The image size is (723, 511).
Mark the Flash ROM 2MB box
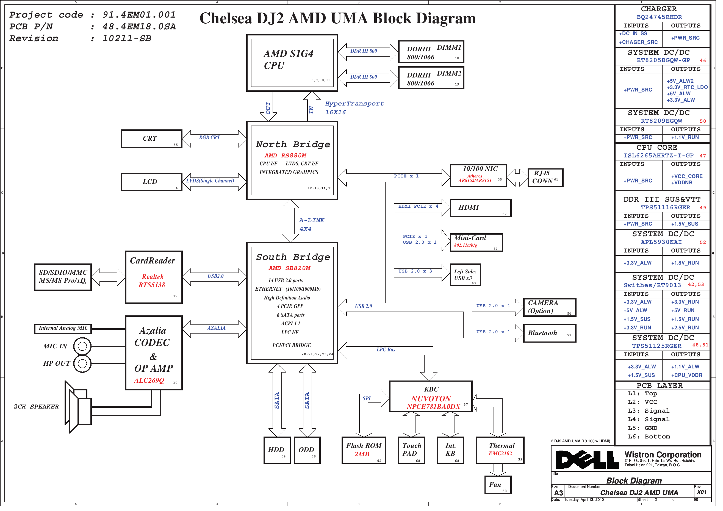(367, 454)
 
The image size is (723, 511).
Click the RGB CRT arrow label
(211, 139)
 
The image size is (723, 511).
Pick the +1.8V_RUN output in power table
(691, 265)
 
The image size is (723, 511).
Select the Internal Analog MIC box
(63, 332)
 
